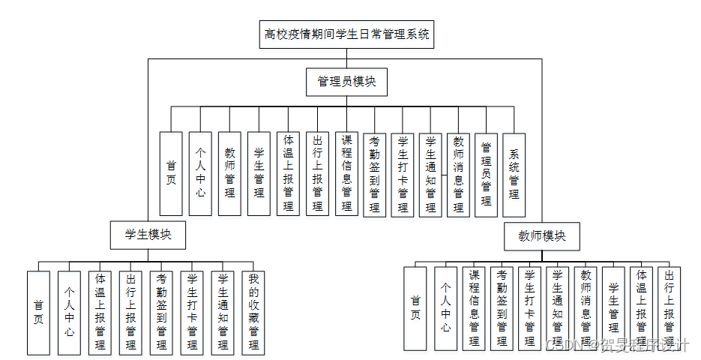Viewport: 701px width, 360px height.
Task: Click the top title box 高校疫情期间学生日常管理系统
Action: pos(347,34)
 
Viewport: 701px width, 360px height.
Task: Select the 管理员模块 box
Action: pos(346,82)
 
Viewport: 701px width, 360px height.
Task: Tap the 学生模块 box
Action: pos(148,234)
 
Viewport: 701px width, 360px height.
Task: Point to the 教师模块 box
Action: pos(542,236)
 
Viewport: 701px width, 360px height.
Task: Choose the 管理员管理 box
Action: pos(486,174)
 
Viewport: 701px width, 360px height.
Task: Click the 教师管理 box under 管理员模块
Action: pos(230,174)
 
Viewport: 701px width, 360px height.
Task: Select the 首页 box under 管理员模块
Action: pos(171,174)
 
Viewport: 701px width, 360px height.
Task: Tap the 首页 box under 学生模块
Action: pos(38,312)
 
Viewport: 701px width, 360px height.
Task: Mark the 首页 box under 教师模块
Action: pos(415,308)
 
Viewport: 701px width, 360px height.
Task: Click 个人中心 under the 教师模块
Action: pos(445,308)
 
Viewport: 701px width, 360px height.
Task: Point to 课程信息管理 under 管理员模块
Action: pos(346,174)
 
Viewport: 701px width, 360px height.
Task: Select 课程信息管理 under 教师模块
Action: pos(473,308)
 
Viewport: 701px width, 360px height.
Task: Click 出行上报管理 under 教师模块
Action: pos(669,308)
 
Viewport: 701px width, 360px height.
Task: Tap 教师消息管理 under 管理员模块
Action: pos(458,174)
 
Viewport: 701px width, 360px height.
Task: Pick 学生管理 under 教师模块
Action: pos(613,308)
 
